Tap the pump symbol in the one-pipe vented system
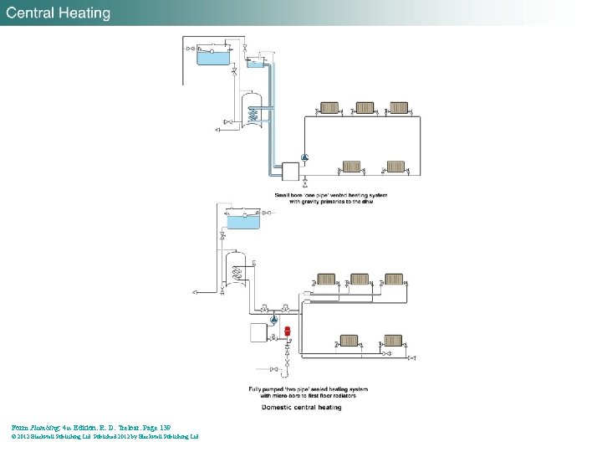pos(305,157)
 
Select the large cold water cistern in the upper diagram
pos(215,56)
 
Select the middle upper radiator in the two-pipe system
pos(359,279)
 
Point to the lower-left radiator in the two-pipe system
pos(349,341)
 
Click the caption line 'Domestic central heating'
pos(301,408)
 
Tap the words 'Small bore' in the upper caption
pos(288,195)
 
